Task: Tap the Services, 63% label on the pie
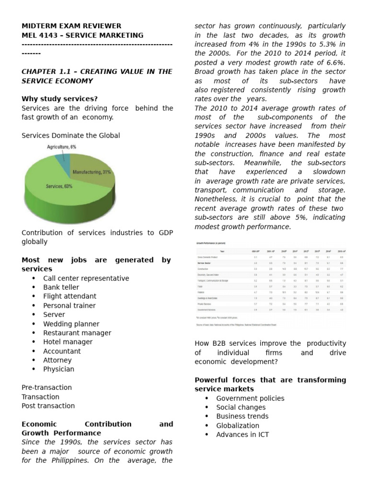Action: tap(59, 186)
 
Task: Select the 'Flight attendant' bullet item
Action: tap(69, 296)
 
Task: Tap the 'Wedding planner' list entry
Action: tap(71, 324)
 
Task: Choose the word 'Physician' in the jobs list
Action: tap(58, 369)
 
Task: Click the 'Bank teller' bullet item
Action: tap(61, 287)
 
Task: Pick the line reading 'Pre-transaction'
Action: tap(46, 387)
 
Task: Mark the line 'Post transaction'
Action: tap(48, 406)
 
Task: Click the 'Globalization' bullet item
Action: tap(237, 425)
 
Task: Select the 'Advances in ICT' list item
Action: tap(242, 434)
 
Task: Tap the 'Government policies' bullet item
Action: tap(250, 398)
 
